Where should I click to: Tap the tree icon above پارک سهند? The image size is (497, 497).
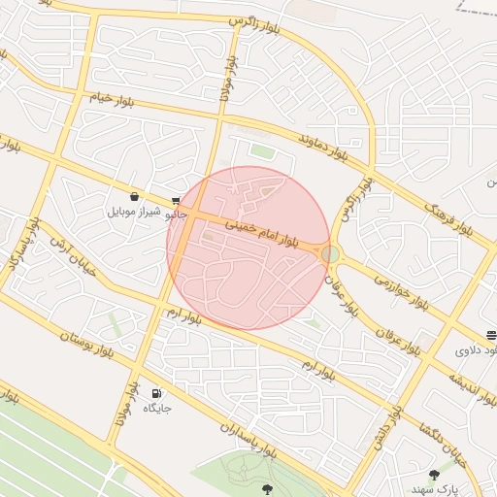click(434, 475)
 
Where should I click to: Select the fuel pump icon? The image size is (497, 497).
click(156, 393)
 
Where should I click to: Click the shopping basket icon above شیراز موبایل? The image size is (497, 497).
click(133, 195)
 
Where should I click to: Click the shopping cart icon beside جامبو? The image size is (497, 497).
click(175, 201)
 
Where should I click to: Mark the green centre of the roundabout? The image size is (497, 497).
click(331, 253)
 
